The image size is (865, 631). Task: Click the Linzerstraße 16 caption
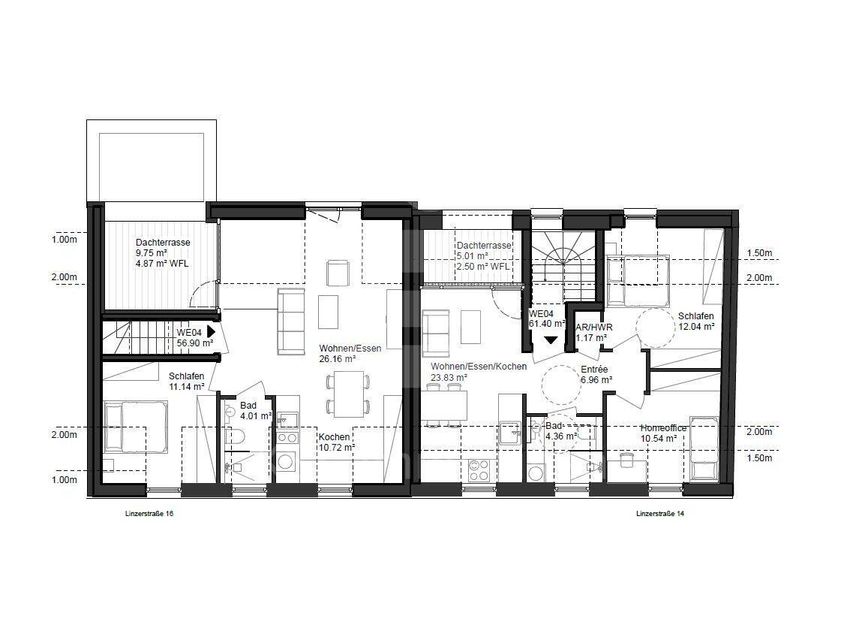[x=149, y=513]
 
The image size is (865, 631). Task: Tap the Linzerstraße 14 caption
[x=660, y=513]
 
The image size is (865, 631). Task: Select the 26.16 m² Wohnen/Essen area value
[x=337, y=358]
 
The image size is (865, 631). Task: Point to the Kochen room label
[x=334, y=437]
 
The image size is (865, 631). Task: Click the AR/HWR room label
[x=593, y=328]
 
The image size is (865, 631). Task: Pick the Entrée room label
[x=594, y=370]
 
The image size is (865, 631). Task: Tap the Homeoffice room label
[x=663, y=428]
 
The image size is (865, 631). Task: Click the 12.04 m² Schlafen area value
[x=696, y=327]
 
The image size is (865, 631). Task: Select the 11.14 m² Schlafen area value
[x=187, y=387]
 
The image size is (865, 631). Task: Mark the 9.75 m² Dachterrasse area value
[x=151, y=253]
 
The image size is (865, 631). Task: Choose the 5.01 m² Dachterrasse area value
[x=472, y=256]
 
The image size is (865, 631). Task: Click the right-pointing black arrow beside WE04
[x=210, y=331]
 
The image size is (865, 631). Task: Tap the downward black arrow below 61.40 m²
[x=551, y=340]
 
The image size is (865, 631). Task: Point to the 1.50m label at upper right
[x=759, y=253]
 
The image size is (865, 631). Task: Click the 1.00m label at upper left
[x=64, y=240]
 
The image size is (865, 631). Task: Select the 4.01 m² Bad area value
[x=255, y=415]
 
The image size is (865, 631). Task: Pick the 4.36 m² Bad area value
[x=561, y=436]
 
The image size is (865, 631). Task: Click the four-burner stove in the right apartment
[x=479, y=469]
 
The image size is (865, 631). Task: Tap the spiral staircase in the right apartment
[x=564, y=256]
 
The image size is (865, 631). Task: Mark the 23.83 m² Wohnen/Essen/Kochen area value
[x=449, y=377]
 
